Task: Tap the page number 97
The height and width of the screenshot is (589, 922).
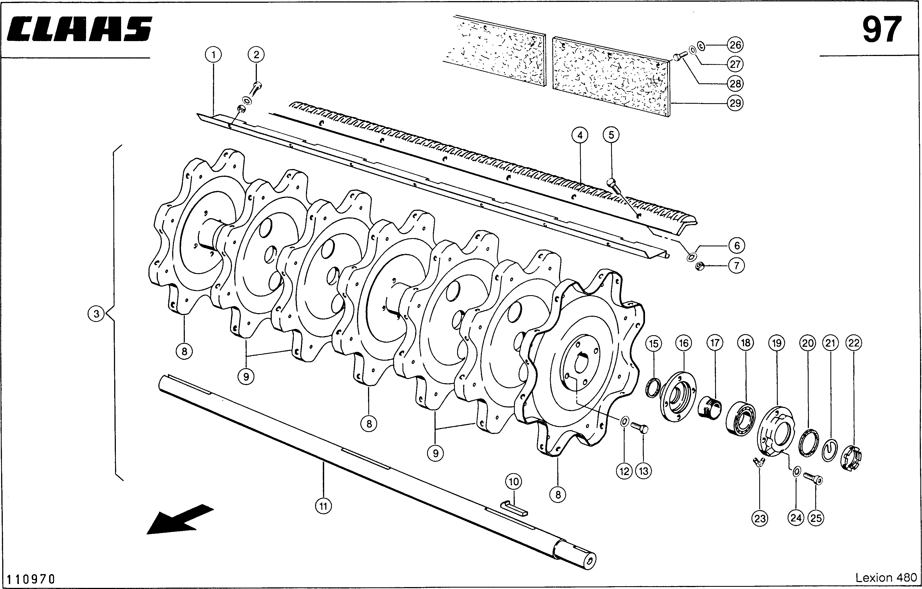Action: [x=882, y=30]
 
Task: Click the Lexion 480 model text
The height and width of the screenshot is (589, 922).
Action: [x=886, y=577]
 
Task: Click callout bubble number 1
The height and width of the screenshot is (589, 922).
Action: [x=213, y=55]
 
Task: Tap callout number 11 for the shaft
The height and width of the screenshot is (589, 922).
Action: [x=324, y=506]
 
